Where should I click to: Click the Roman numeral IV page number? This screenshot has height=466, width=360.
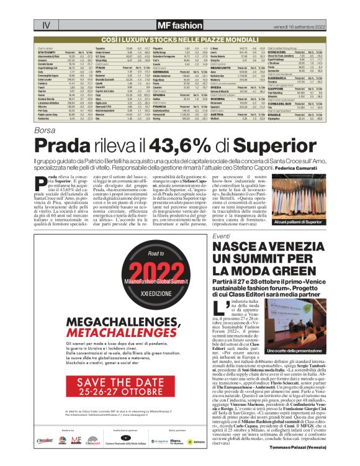click(x=45, y=25)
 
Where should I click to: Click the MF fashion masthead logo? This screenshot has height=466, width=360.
click(x=179, y=25)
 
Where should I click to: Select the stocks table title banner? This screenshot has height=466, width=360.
click(x=179, y=39)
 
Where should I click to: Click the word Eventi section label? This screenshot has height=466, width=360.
click(x=222, y=238)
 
